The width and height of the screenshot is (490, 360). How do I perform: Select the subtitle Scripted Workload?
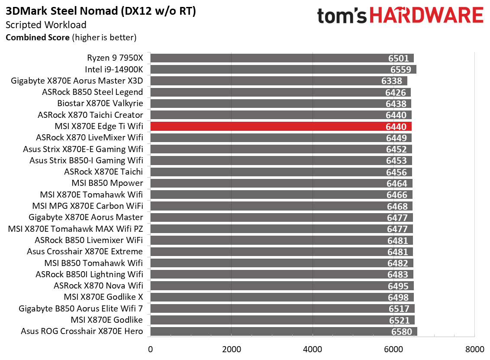pyautogui.click(x=46, y=25)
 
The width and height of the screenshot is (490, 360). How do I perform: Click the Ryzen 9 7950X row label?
pyautogui.click(x=115, y=58)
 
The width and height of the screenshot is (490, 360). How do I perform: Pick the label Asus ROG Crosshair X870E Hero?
pyautogui.click(x=82, y=331)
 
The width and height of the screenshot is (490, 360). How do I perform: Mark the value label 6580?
pyautogui.click(x=402, y=332)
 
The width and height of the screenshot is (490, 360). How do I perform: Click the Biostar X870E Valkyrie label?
pyautogui.click(x=100, y=104)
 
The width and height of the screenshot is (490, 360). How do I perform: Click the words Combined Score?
pyautogui.click(x=37, y=38)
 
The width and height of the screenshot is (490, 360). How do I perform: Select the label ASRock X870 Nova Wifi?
pyautogui.click(x=98, y=286)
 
